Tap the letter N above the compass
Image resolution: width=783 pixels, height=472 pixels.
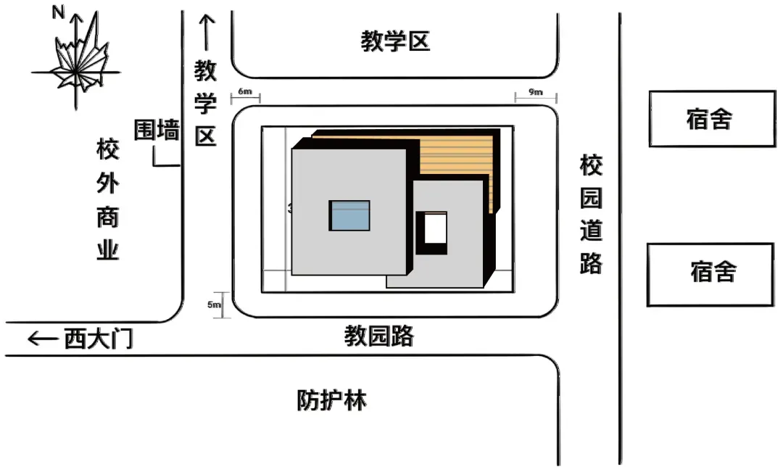tap(57, 12)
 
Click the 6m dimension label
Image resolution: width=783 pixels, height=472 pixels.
tap(245, 92)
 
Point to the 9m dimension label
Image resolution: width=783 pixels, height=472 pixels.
tap(535, 92)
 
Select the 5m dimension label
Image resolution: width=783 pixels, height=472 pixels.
tap(214, 305)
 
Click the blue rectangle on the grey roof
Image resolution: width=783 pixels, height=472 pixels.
tap(350, 215)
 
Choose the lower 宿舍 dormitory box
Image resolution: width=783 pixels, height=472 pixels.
tap(711, 274)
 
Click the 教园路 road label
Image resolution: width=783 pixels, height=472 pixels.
tap(378, 336)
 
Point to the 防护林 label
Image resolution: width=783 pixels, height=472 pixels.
tap(331, 400)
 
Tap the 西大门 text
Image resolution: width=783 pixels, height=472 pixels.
tap(99, 339)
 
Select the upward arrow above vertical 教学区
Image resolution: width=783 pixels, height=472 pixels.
tap(206, 33)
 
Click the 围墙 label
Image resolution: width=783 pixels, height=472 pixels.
tap(157, 131)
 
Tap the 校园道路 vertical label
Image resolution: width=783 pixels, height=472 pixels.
tap(591, 215)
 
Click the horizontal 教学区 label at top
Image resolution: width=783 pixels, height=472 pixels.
tap(396, 41)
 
